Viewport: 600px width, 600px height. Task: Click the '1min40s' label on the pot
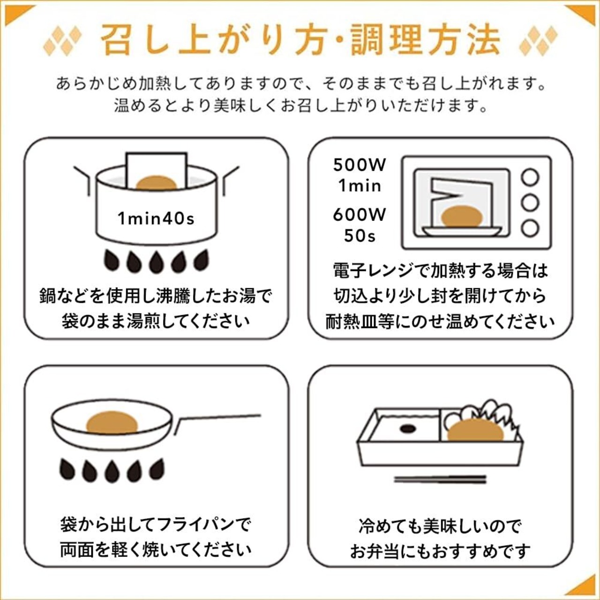tap(156, 218)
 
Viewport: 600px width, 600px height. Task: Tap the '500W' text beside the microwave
tap(360, 165)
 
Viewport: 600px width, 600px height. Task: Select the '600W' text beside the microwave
tap(360, 215)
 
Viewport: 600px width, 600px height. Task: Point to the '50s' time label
tap(360, 236)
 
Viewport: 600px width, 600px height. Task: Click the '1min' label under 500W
tap(360, 186)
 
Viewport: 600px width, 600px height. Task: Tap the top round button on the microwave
tap(530, 178)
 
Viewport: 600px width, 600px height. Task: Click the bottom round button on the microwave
tap(530, 228)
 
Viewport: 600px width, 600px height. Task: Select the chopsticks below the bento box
tap(440, 480)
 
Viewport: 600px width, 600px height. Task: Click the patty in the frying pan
tap(112, 422)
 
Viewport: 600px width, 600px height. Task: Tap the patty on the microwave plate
tap(462, 217)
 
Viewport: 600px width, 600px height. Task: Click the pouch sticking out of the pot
tap(157, 169)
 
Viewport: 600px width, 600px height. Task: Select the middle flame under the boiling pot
tap(156, 262)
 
